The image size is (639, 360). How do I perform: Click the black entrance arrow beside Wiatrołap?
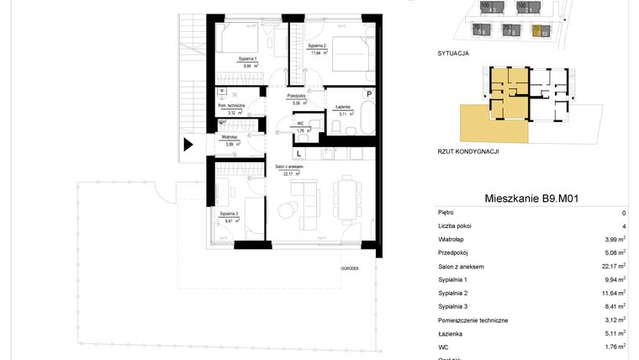188,144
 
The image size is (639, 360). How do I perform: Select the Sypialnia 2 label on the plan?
317,45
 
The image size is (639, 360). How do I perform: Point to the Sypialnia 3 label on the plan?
230,214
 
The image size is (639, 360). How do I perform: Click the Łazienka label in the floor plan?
342,108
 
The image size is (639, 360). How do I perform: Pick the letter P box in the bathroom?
368,94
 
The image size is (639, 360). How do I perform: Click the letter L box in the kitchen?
298,153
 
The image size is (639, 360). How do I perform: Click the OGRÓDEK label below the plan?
350,267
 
